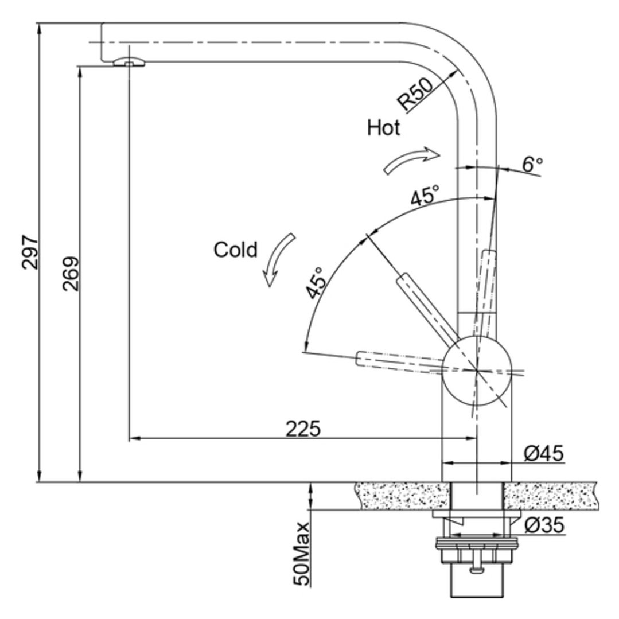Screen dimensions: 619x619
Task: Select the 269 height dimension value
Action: click(x=71, y=274)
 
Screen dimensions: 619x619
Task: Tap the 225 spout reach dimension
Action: click(x=302, y=429)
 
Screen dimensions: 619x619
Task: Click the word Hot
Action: click(x=383, y=127)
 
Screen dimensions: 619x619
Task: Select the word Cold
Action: click(x=235, y=250)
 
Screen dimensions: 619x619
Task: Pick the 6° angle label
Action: click(x=532, y=165)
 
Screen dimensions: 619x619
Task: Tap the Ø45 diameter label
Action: click(x=543, y=454)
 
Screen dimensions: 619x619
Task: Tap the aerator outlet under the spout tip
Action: click(x=129, y=62)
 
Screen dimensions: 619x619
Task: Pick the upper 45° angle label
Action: click(x=425, y=197)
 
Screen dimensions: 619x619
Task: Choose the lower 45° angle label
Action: click(x=316, y=283)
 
